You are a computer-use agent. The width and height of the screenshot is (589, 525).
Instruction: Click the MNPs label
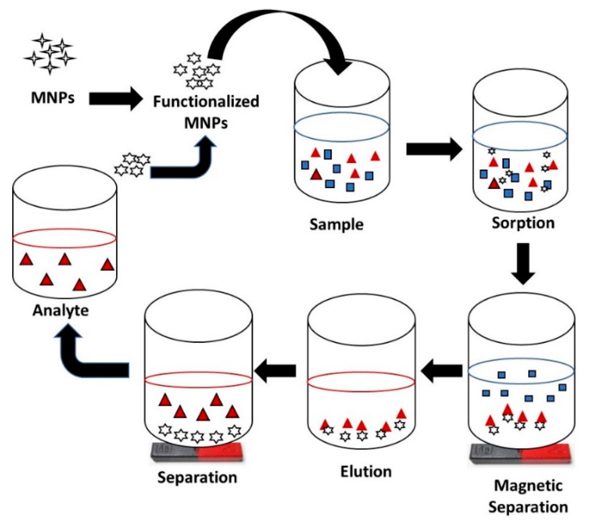(53, 97)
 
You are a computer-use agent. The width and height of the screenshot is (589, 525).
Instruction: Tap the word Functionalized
(206, 102)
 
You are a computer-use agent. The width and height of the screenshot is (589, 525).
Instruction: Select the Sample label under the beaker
(336, 224)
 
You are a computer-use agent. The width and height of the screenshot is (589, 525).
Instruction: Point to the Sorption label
(523, 223)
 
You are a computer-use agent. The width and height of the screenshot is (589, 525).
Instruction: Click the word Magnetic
(528, 486)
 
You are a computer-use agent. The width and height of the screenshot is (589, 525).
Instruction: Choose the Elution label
(365, 472)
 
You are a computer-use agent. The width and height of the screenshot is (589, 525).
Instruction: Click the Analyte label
(61, 311)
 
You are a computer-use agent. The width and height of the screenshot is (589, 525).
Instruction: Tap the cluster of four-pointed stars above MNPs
(50, 54)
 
